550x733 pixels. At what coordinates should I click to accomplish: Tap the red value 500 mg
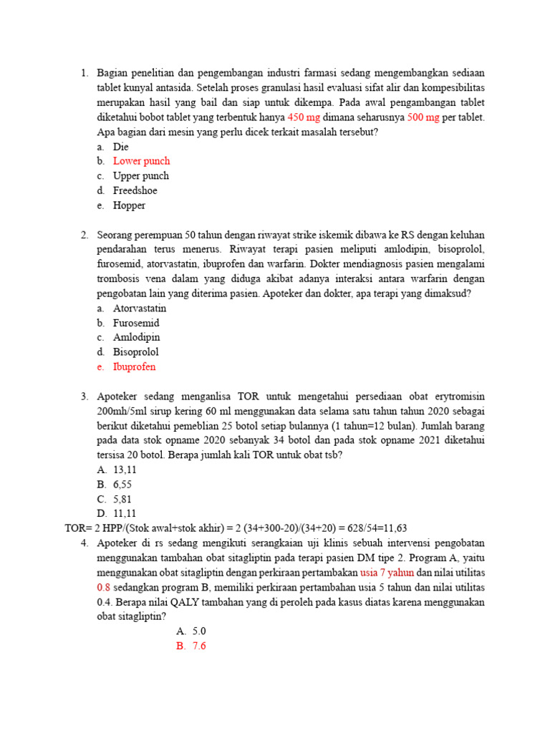[423, 117]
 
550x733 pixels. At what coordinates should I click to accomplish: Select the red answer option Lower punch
[141, 161]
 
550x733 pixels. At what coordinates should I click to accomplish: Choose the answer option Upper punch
[141, 176]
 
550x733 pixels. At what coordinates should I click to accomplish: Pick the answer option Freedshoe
[135, 191]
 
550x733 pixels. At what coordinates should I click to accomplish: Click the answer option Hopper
[129, 205]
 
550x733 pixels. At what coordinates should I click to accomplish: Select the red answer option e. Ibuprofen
[134, 367]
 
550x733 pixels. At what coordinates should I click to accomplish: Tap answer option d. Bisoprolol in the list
[135, 352]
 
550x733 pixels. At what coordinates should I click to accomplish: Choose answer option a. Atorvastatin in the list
[140, 309]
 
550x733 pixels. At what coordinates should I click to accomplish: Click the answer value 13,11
[125, 470]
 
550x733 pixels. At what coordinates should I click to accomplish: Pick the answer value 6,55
[122, 485]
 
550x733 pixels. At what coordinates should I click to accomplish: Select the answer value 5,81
[122, 499]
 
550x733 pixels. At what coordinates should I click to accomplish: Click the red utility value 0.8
[104, 588]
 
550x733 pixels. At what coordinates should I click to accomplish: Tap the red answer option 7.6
[199, 646]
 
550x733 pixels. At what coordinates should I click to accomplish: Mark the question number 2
[84, 235]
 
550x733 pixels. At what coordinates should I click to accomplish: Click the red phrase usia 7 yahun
[387, 573]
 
